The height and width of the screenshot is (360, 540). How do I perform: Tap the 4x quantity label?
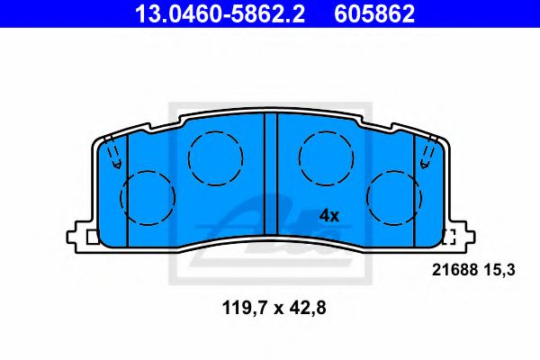pos(328,216)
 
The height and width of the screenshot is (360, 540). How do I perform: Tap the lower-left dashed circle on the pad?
pos(148,197)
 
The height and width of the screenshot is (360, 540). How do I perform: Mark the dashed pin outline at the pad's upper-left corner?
pos(113,156)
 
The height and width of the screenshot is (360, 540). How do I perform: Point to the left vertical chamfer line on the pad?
pos(129,189)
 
